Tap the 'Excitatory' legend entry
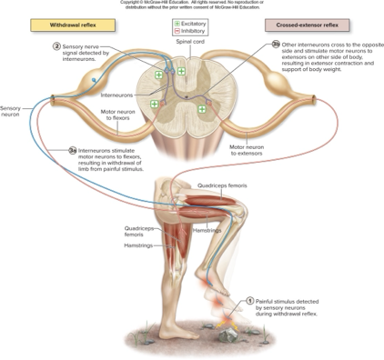(x=193, y=22)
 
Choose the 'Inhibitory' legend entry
(x=193, y=30)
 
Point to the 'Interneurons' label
(x=117, y=95)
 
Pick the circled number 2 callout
(x=56, y=45)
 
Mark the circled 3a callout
(x=72, y=150)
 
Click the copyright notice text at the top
(x=192, y=5)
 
